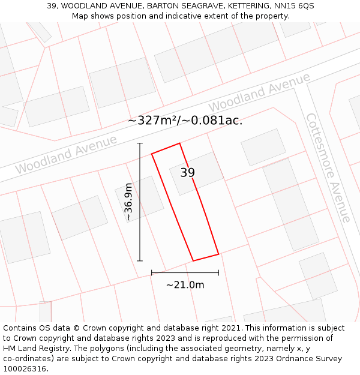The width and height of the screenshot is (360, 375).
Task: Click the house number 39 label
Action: [x=187, y=173]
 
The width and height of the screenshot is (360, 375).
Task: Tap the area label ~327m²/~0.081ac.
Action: [x=185, y=120]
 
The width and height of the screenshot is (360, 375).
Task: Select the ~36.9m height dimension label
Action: [x=128, y=202]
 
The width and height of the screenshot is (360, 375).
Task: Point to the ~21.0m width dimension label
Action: [x=185, y=285]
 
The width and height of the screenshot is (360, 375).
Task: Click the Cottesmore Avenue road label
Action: [x=328, y=167]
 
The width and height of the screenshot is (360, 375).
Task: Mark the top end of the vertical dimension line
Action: [x=140, y=143]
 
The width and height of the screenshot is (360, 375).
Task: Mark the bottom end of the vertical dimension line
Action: [x=140, y=261]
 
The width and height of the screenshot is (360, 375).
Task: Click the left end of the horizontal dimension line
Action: [x=152, y=272]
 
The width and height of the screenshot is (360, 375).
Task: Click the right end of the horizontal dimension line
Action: [x=218, y=272]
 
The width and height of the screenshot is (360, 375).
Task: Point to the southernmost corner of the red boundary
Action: [x=193, y=261]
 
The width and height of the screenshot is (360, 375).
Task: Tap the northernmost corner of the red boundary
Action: [x=179, y=143]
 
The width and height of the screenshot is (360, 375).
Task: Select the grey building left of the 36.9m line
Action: [x=139, y=199]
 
